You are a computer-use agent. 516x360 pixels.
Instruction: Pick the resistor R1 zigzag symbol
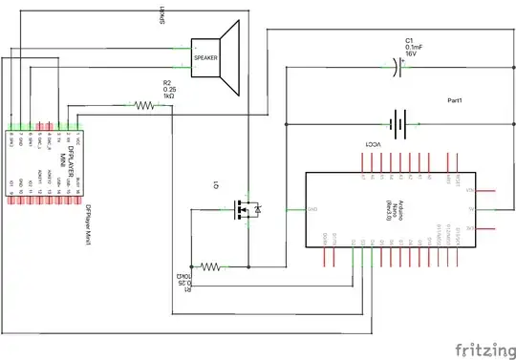click(x=211, y=266)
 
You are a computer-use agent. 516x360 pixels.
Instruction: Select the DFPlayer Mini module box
click(x=45, y=155)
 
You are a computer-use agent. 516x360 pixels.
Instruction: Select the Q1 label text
click(x=218, y=183)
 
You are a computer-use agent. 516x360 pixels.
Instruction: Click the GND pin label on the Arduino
click(x=312, y=210)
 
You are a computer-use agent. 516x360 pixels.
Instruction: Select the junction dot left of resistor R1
click(x=191, y=266)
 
